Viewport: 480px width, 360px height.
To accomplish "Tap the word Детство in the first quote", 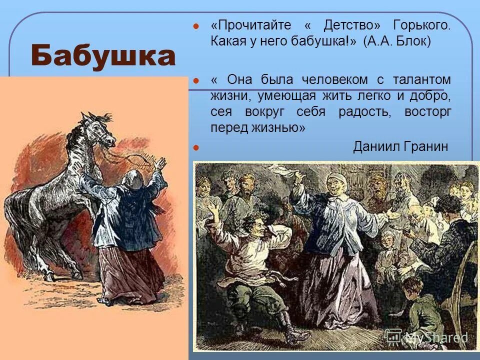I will point(352,25).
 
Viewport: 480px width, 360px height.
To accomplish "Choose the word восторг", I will point(428,111).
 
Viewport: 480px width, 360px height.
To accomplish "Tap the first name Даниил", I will point(375,146).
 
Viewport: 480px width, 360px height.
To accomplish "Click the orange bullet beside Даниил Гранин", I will point(196,147).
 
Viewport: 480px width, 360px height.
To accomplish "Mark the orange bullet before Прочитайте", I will point(196,26).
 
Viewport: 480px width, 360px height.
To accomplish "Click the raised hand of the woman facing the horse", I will point(160,163).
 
